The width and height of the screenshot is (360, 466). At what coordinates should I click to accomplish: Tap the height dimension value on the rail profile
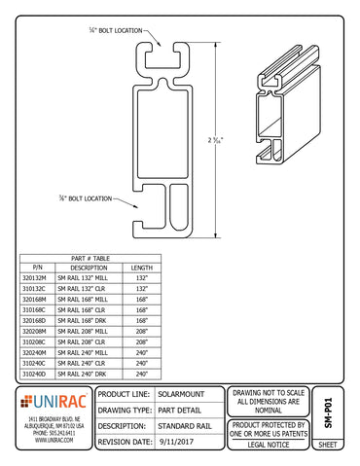[242, 139]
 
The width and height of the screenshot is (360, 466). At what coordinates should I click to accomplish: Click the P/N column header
[38, 267]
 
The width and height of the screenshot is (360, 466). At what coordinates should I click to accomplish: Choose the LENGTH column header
[142, 267]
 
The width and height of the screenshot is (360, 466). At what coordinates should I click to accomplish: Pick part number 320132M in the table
[38, 277]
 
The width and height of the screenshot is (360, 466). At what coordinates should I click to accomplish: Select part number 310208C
[38, 342]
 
